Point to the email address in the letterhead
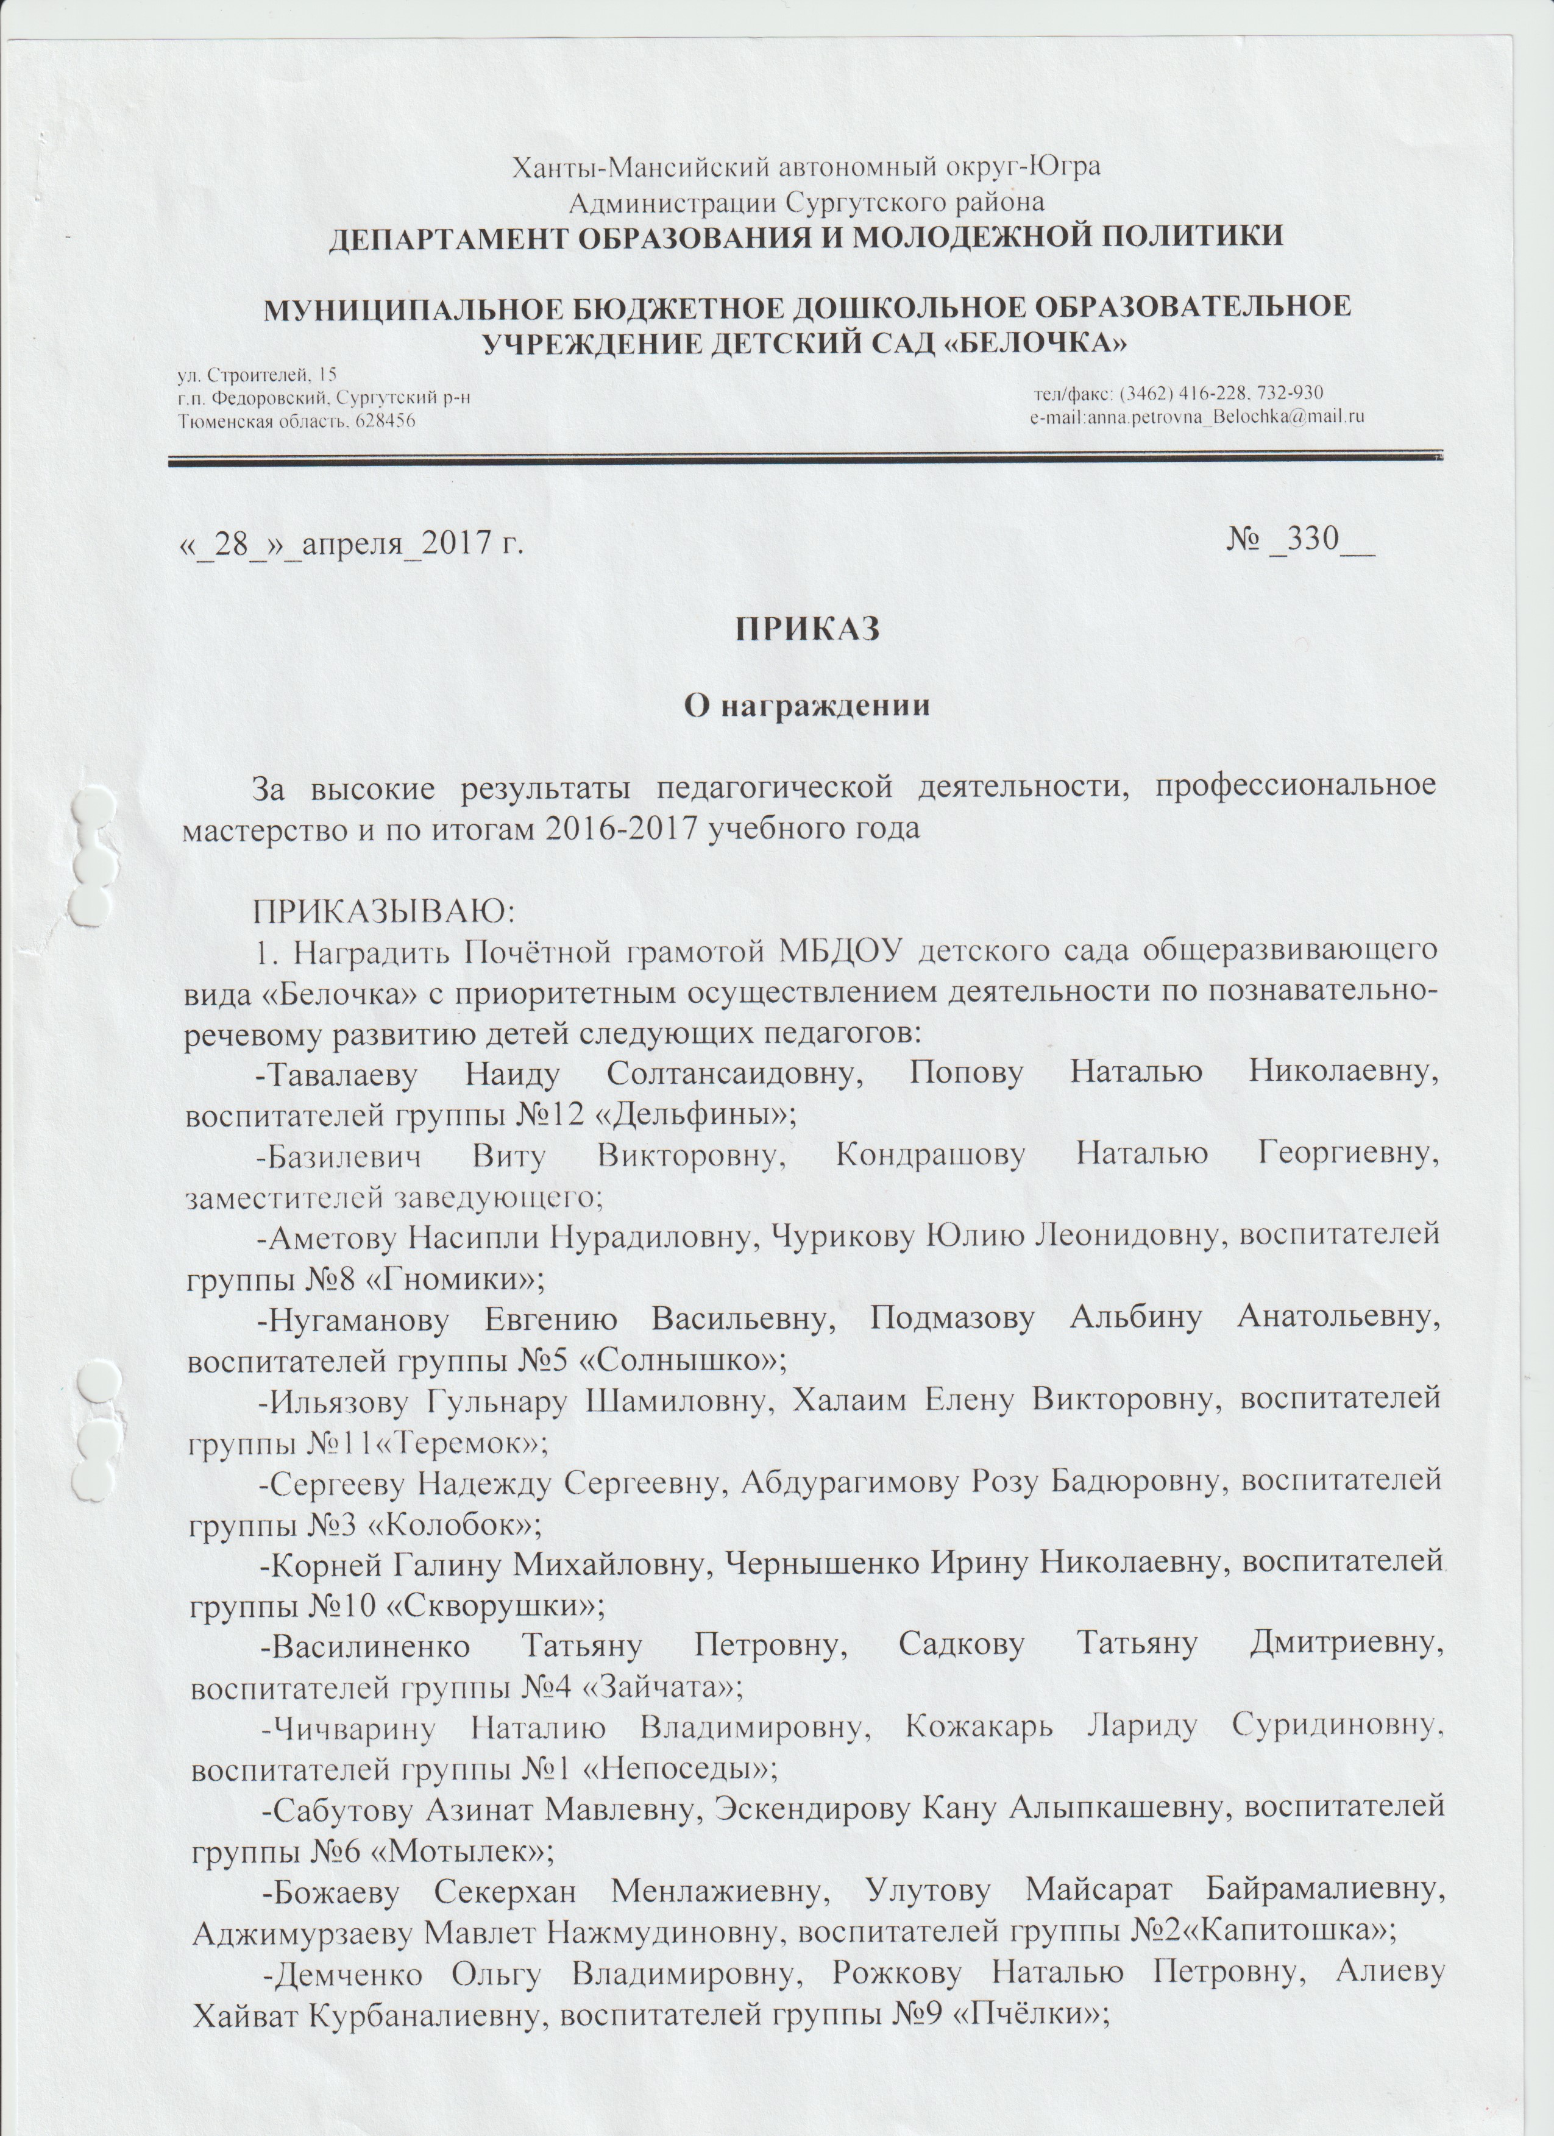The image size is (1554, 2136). point(1198,416)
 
